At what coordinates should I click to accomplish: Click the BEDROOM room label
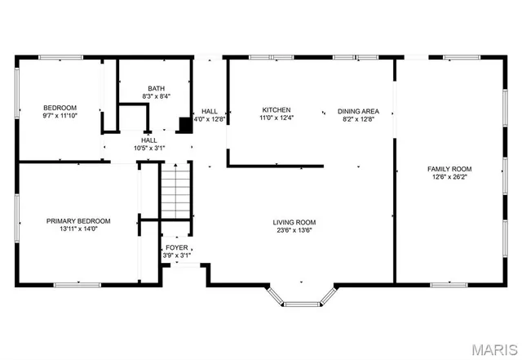[60, 108]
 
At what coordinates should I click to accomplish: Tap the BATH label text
[156, 89]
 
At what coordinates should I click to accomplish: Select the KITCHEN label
[276, 110]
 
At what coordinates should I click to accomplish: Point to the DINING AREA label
[357, 110]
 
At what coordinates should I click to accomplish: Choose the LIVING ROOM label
[294, 222]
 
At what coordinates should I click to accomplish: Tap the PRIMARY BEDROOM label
[78, 221]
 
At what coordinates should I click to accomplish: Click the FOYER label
[176, 247]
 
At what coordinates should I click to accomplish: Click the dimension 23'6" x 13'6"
[294, 230]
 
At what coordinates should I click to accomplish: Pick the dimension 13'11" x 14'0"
[78, 229]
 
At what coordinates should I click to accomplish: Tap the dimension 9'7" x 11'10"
[60, 116]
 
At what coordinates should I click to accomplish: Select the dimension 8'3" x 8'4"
[156, 97]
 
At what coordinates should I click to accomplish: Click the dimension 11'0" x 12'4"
[276, 118]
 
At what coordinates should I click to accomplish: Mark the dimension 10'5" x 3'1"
[149, 149]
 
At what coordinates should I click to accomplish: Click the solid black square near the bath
[185, 125]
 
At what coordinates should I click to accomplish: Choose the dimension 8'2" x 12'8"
[357, 118]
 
